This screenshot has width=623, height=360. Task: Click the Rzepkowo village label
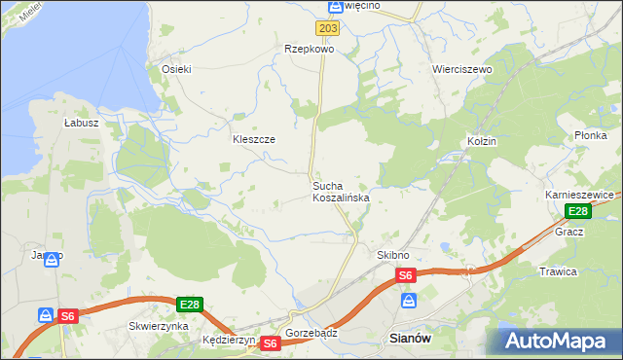[x=309, y=48]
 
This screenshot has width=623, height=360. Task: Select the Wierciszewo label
[x=462, y=70]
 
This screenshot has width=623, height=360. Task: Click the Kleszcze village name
[x=253, y=139]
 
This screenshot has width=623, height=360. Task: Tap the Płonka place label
[x=590, y=135]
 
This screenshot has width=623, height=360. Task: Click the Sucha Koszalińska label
[x=340, y=192]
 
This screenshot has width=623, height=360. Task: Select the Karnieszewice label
[x=577, y=195]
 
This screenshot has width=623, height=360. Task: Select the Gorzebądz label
[x=311, y=333]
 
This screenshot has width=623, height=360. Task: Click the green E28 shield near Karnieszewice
[x=577, y=211]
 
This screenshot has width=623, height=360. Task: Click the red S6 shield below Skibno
[x=406, y=275]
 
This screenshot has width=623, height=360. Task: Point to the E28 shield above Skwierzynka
[x=190, y=305]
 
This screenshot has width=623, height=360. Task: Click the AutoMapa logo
[x=558, y=341]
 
